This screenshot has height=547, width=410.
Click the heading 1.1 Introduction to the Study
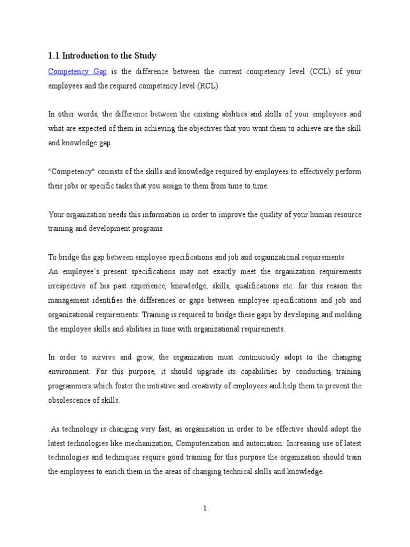point(102,55)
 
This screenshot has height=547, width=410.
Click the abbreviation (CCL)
point(320,71)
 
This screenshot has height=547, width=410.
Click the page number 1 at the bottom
point(205,509)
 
